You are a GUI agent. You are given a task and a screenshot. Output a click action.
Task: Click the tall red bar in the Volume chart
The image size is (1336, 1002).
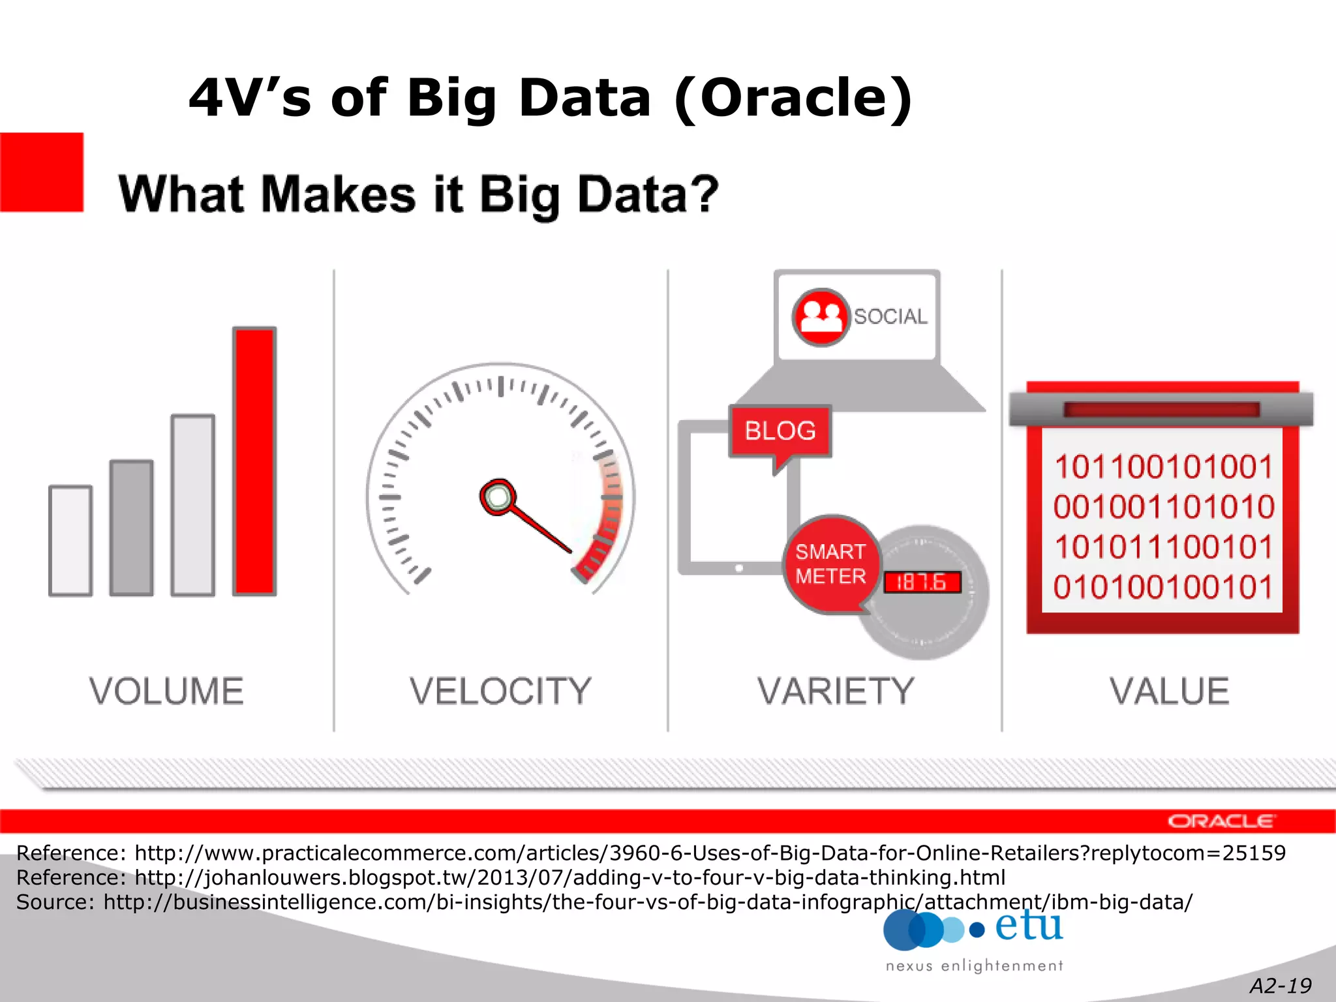[254, 461]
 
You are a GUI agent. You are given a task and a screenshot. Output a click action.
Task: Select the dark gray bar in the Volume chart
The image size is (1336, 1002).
[131, 528]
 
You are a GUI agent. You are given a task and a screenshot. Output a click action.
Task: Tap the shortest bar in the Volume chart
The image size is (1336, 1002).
[70, 541]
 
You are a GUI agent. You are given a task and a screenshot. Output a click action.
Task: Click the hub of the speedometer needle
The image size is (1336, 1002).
[498, 497]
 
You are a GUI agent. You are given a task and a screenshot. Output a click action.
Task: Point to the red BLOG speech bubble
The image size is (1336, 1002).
[780, 431]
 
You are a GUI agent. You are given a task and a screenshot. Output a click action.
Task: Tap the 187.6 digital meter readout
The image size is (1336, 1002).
[922, 582]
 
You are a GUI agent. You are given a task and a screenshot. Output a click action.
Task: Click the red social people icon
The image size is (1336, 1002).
[821, 317]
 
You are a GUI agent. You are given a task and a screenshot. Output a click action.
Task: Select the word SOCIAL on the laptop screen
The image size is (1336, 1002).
[890, 316]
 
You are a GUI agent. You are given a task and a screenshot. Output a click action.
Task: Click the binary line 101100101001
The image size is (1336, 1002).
[1163, 467]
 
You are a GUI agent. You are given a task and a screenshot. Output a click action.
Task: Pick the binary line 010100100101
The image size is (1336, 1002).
[1163, 587]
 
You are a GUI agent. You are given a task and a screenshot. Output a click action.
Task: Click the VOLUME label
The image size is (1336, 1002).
[166, 691]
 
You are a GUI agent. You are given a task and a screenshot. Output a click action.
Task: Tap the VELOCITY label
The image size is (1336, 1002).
[500, 691]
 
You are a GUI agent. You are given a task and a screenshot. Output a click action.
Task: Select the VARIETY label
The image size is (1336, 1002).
[836, 691]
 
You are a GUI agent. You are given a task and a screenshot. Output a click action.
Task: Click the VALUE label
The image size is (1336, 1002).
[1170, 691]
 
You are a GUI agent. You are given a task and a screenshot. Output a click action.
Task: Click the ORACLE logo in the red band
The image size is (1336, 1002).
[1221, 821]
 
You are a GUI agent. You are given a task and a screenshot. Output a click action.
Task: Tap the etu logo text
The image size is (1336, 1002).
[1029, 926]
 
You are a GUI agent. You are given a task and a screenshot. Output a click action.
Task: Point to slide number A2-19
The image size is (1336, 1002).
[1280, 986]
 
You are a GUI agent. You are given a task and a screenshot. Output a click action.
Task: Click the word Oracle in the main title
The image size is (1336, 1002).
[793, 98]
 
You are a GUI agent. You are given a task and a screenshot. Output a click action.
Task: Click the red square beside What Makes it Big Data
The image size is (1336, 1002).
[42, 172]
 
